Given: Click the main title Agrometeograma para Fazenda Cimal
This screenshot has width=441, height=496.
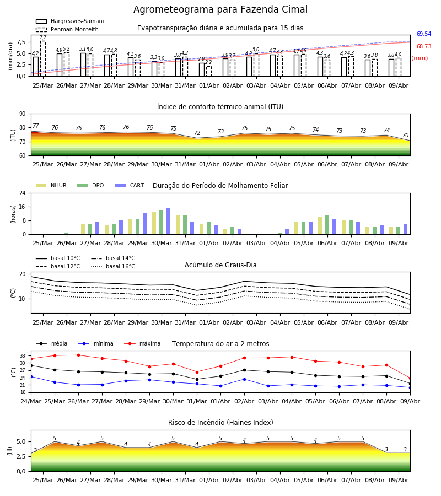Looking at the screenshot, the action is point(220,9).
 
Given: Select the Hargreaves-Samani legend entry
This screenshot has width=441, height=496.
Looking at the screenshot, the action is point(70,21).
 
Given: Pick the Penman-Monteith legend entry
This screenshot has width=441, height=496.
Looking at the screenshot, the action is point(67,29).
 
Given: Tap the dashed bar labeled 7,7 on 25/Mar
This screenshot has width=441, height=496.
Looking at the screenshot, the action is point(42,58).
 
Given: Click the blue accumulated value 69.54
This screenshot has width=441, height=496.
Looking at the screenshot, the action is point(424,34).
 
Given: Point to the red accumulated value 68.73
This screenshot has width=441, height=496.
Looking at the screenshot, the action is point(424,46).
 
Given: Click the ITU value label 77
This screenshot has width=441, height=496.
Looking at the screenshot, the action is point(35,126).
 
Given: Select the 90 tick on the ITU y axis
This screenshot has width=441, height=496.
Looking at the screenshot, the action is point(23,114).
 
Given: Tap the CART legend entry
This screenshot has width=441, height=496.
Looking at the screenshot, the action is point(130,185).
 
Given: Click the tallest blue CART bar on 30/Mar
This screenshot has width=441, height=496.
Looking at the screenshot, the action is point(168,222).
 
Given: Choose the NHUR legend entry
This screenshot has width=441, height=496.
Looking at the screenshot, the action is point(51,185).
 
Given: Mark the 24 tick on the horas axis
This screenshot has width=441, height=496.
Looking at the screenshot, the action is point(23,193).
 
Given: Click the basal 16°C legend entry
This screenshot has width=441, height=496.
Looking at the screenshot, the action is point(113,266).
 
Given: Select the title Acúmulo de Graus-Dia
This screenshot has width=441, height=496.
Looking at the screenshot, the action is point(220,265).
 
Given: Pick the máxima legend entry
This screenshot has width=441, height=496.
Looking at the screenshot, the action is point(142,343).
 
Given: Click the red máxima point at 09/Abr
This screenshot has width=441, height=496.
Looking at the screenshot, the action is point(410,378).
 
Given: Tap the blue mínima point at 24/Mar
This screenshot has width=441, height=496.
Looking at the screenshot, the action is point(31,377).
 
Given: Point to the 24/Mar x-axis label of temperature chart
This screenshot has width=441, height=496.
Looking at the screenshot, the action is point(31,401).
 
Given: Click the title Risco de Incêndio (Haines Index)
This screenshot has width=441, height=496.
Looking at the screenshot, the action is point(220,423).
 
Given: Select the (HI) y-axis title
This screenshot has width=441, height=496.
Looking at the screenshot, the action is point(9,451).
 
